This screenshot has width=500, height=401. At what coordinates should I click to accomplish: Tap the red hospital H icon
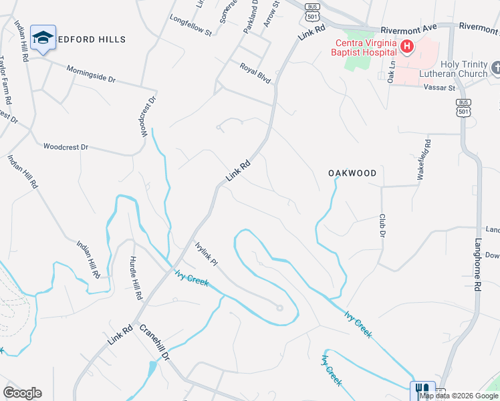pyautogui.click(x=406, y=46)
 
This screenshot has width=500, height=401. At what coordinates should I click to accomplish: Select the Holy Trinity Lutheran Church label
pyautogui.click(x=453, y=69)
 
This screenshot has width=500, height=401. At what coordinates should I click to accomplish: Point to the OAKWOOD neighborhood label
pyautogui.click(x=352, y=173)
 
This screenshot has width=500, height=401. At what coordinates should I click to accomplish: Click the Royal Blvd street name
pyautogui.click(x=256, y=72)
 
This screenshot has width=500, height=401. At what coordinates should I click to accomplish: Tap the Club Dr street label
pyautogui.click(x=382, y=226)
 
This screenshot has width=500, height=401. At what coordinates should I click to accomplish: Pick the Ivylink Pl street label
pyautogui.click(x=207, y=254)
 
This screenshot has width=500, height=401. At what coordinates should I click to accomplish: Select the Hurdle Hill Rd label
pyautogui.click(x=136, y=276)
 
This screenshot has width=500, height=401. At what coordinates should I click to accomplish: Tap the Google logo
pyautogui.click(x=22, y=392)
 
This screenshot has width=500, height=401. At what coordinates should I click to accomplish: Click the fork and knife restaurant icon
pyautogui.click(x=422, y=390)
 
